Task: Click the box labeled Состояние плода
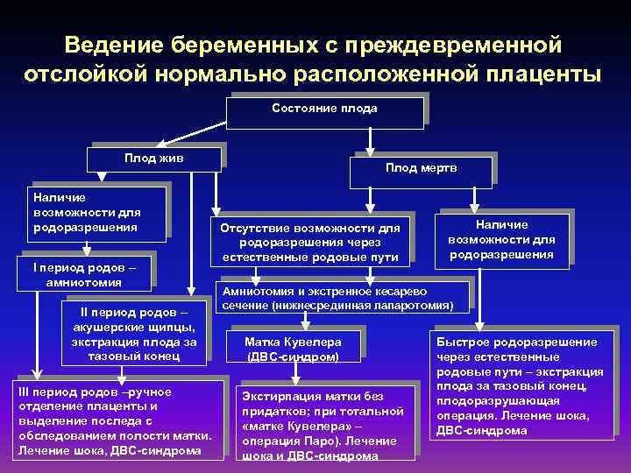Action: (324, 109)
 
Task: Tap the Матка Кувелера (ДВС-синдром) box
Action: (293, 349)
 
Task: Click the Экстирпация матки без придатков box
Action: (325, 423)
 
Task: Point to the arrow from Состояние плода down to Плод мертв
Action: (371, 140)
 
